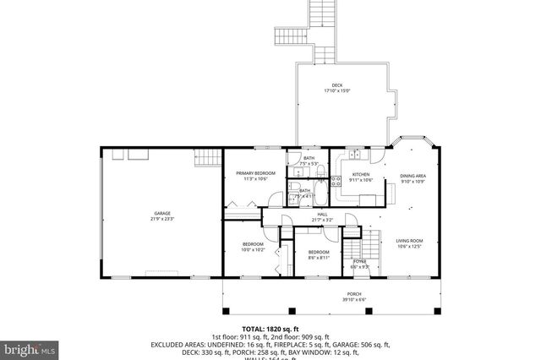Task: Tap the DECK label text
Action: tap(336, 85)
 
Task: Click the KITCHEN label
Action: tap(361, 173)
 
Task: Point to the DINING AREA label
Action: tap(413, 177)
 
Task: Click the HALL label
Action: tap(322, 214)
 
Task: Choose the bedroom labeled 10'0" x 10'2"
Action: tap(254, 246)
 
